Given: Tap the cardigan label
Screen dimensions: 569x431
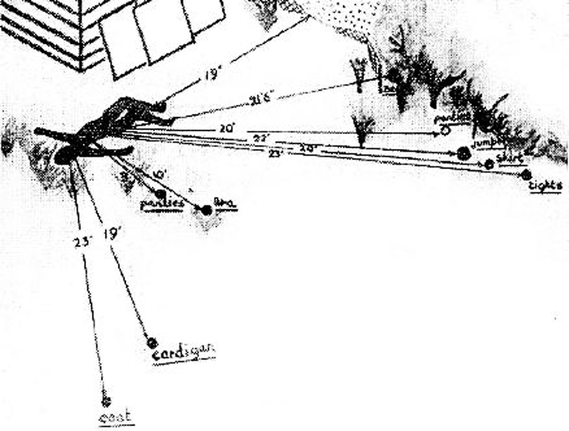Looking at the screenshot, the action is tap(184, 353).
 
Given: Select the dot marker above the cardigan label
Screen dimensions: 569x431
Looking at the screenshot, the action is tap(151, 342).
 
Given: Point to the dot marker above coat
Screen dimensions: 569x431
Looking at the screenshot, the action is tap(105, 400).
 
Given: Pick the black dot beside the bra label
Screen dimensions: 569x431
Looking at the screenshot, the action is tap(207, 210).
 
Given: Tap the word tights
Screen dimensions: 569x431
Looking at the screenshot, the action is tap(545, 186).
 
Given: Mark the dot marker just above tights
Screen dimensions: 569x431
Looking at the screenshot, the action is tap(526, 175).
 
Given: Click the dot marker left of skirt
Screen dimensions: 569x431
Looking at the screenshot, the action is tap(489, 164).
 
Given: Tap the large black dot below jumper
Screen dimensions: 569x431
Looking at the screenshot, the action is tap(464, 154).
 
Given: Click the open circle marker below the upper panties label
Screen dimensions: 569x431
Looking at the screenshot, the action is tap(444, 131).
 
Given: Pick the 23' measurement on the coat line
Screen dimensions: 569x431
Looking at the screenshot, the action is tap(81, 241).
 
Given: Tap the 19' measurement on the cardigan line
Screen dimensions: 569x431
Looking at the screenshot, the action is tap(112, 233).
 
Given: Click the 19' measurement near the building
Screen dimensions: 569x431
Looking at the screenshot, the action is tap(213, 75).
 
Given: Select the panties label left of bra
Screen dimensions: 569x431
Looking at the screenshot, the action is tap(162, 204).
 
